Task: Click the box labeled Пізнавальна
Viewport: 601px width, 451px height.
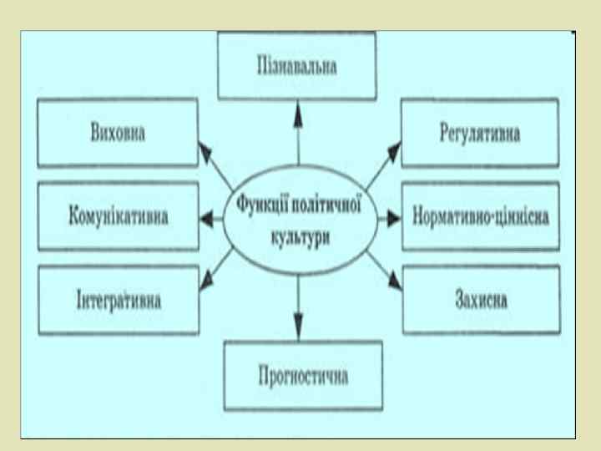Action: tap(297, 67)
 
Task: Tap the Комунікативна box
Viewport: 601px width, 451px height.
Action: tap(118, 216)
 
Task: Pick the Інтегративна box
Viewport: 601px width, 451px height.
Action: tap(117, 299)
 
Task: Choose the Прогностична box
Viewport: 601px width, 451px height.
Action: tap(302, 375)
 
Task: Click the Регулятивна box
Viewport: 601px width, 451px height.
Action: tap(479, 134)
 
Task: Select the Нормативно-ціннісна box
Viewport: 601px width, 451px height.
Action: tap(480, 217)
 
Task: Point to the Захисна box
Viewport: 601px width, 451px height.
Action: tap(481, 299)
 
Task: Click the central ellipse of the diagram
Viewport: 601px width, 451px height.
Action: tap(298, 222)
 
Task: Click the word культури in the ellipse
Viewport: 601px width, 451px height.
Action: tap(298, 236)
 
